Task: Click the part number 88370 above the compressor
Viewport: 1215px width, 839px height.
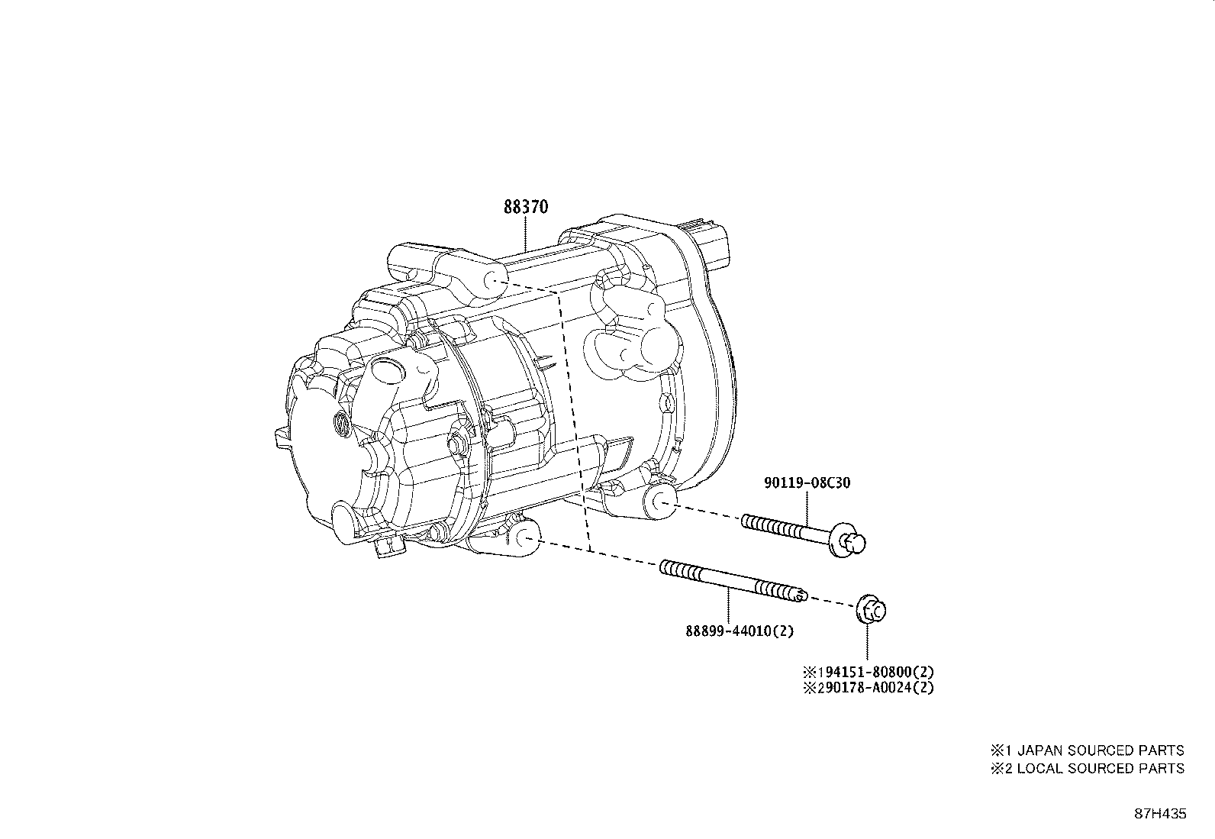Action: [x=526, y=207]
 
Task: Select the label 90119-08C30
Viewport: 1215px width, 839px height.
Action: [x=807, y=482]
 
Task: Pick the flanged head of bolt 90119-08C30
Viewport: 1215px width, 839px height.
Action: [x=850, y=543]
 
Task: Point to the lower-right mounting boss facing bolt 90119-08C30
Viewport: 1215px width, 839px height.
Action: [x=658, y=501]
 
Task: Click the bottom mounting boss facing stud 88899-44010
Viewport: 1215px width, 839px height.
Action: [x=522, y=537]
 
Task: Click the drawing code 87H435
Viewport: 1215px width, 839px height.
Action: [x=1159, y=814]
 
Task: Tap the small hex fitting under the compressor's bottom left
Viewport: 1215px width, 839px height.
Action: [x=387, y=547]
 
